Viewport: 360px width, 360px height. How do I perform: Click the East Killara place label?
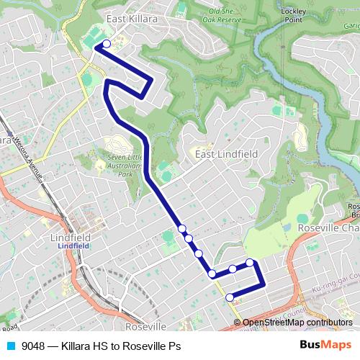coord(132,19)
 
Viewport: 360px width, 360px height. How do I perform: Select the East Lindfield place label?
coord(225,153)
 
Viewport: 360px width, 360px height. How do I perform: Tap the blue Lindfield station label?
coord(70,246)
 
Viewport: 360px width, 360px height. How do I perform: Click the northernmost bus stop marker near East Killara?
coord(107,44)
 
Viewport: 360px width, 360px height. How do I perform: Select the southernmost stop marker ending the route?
coord(230,297)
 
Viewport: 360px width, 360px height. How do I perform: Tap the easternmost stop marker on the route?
coord(249,263)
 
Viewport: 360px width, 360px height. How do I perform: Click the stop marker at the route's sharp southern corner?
coord(212,274)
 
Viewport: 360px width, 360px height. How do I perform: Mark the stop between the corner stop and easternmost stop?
coord(233,269)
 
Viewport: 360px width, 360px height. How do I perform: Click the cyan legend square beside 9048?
coord(10,346)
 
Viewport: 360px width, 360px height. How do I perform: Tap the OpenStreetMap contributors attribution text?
coord(297,323)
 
